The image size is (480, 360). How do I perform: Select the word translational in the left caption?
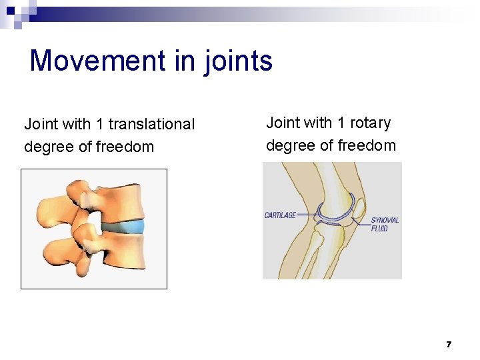pyautogui.click(x=151, y=124)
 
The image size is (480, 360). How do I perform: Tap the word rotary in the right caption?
pyautogui.click(x=370, y=123)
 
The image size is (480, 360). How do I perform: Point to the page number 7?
pyautogui.click(x=449, y=345)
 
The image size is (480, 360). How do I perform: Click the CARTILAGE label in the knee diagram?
pyautogui.click(x=280, y=215)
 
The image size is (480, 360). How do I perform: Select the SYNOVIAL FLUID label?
pyautogui.click(x=385, y=224)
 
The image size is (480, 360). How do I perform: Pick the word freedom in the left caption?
pyautogui.click(x=125, y=147)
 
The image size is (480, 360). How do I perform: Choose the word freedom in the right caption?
pyautogui.click(x=367, y=145)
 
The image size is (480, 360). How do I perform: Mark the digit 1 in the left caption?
pyautogui.click(x=99, y=124)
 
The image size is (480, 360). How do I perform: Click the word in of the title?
pyautogui.click(x=181, y=61)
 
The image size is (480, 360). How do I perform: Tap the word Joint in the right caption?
pyautogui.click(x=283, y=123)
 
